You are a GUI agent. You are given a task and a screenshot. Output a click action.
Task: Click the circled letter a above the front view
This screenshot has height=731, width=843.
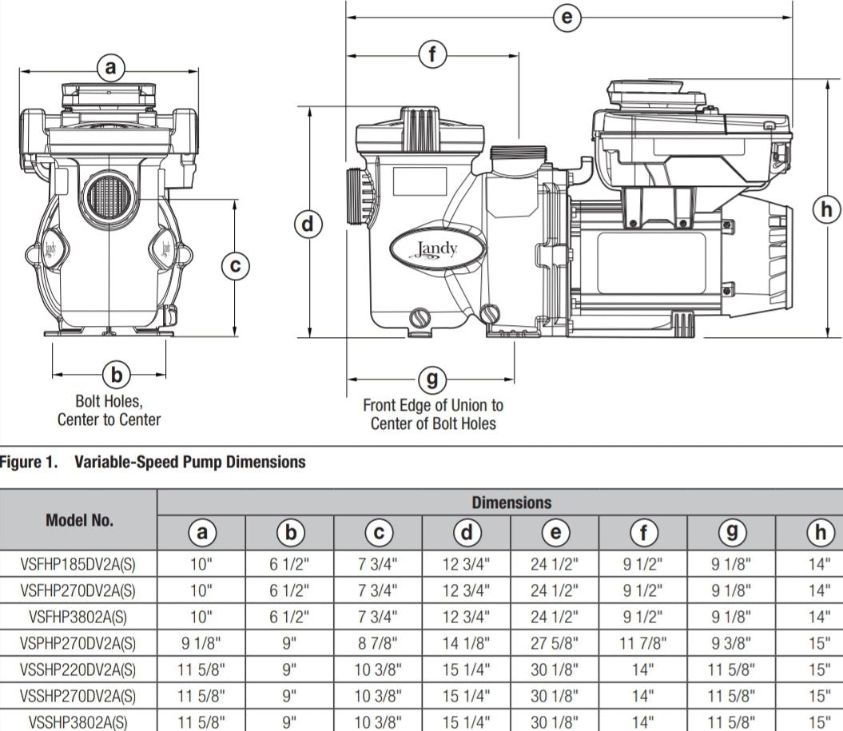coord(111,69)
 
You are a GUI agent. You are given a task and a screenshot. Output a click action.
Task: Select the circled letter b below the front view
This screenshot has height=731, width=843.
coord(117,373)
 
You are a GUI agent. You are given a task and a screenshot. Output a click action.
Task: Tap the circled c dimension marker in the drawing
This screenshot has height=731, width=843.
coord(235,265)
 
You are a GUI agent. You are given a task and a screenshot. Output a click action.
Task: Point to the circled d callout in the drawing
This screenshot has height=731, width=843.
coord(308,224)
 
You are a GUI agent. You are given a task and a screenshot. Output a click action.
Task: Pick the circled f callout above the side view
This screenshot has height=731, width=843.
coord(432,55)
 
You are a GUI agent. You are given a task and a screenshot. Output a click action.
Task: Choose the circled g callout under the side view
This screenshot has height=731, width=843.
coord(432,379)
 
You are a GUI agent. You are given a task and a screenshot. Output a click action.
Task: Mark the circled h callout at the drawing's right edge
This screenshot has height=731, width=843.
coord(826,210)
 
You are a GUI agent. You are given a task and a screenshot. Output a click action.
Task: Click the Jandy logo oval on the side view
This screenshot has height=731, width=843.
coord(437,249)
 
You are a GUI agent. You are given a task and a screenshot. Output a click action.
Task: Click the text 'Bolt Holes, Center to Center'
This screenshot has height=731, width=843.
coord(109,411)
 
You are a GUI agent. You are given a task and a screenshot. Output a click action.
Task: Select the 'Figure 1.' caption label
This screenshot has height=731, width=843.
coord(30,462)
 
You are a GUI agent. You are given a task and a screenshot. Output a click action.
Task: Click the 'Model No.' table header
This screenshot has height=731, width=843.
coord(79,520)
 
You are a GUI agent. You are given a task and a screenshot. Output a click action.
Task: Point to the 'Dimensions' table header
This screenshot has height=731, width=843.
coord(511,503)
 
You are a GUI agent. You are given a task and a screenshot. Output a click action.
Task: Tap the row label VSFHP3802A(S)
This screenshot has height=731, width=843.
coord(79,616)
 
